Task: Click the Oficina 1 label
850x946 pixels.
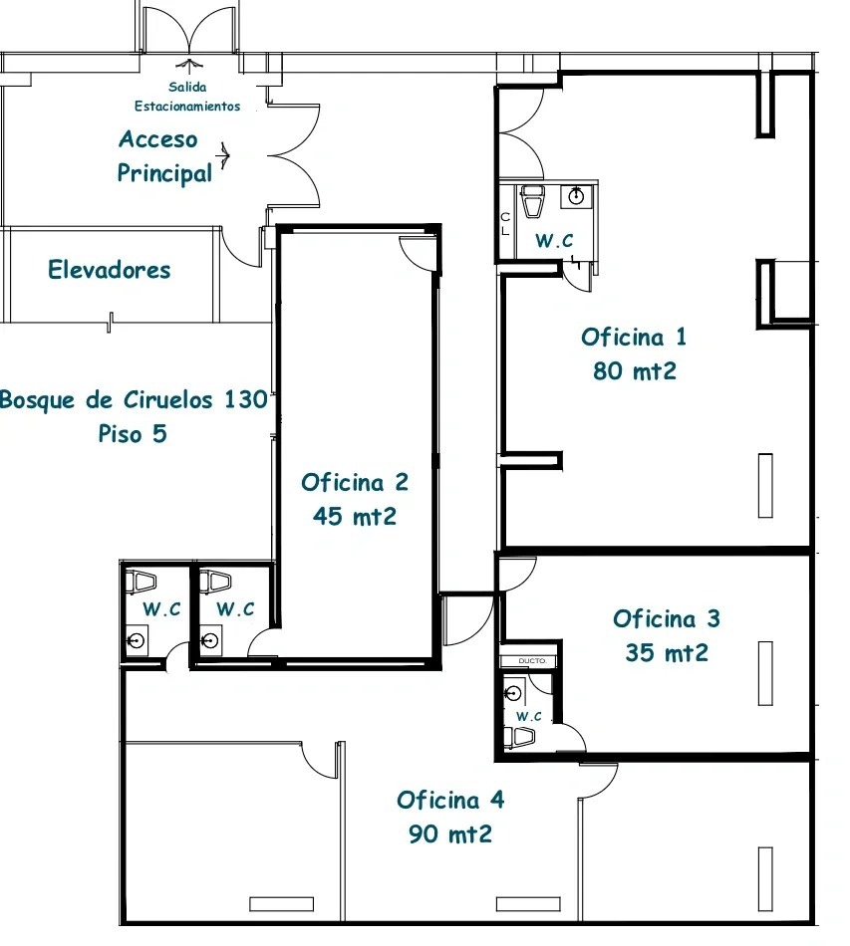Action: pyautogui.click(x=634, y=337)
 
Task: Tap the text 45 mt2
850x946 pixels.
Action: pyautogui.click(x=355, y=517)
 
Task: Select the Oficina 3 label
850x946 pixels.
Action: pyautogui.click(x=667, y=618)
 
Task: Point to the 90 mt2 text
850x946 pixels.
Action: pyautogui.click(x=450, y=834)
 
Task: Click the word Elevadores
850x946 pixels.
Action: pyautogui.click(x=110, y=270)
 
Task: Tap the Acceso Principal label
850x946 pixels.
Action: pyautogui.click(x=164, y=156)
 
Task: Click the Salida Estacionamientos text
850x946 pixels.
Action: pyautogui.click(x=187, y=97)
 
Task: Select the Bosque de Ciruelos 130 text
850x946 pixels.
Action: pyautogui.click(x=134, y=399)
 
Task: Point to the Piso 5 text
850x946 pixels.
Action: pyautogui.click(x=133, y=434)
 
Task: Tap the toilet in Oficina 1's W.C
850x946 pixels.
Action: pyautogui.click(x=532, y=201)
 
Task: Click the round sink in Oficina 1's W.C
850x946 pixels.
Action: pyautogui.click(x=576, y=196)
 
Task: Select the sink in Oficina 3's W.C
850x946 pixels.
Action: pyautogui.click(x=513, y=693)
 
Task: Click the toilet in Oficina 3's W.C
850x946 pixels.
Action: pyautogui.click(x=519, y=737)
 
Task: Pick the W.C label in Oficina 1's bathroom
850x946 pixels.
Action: pyautogui.click(x=554, y=240)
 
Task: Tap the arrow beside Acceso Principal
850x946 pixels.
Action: pyautogui.click(x=224, y=156)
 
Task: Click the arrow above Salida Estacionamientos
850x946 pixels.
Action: pyautogui.click(x=190, y=65)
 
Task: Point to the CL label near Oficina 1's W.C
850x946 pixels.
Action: pyautogui.click(x=505, y=224)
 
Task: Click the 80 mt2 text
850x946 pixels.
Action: pyautogui.click(x=635, y=371)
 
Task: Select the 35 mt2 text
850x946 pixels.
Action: pyautogui.click(x=667, y=653)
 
